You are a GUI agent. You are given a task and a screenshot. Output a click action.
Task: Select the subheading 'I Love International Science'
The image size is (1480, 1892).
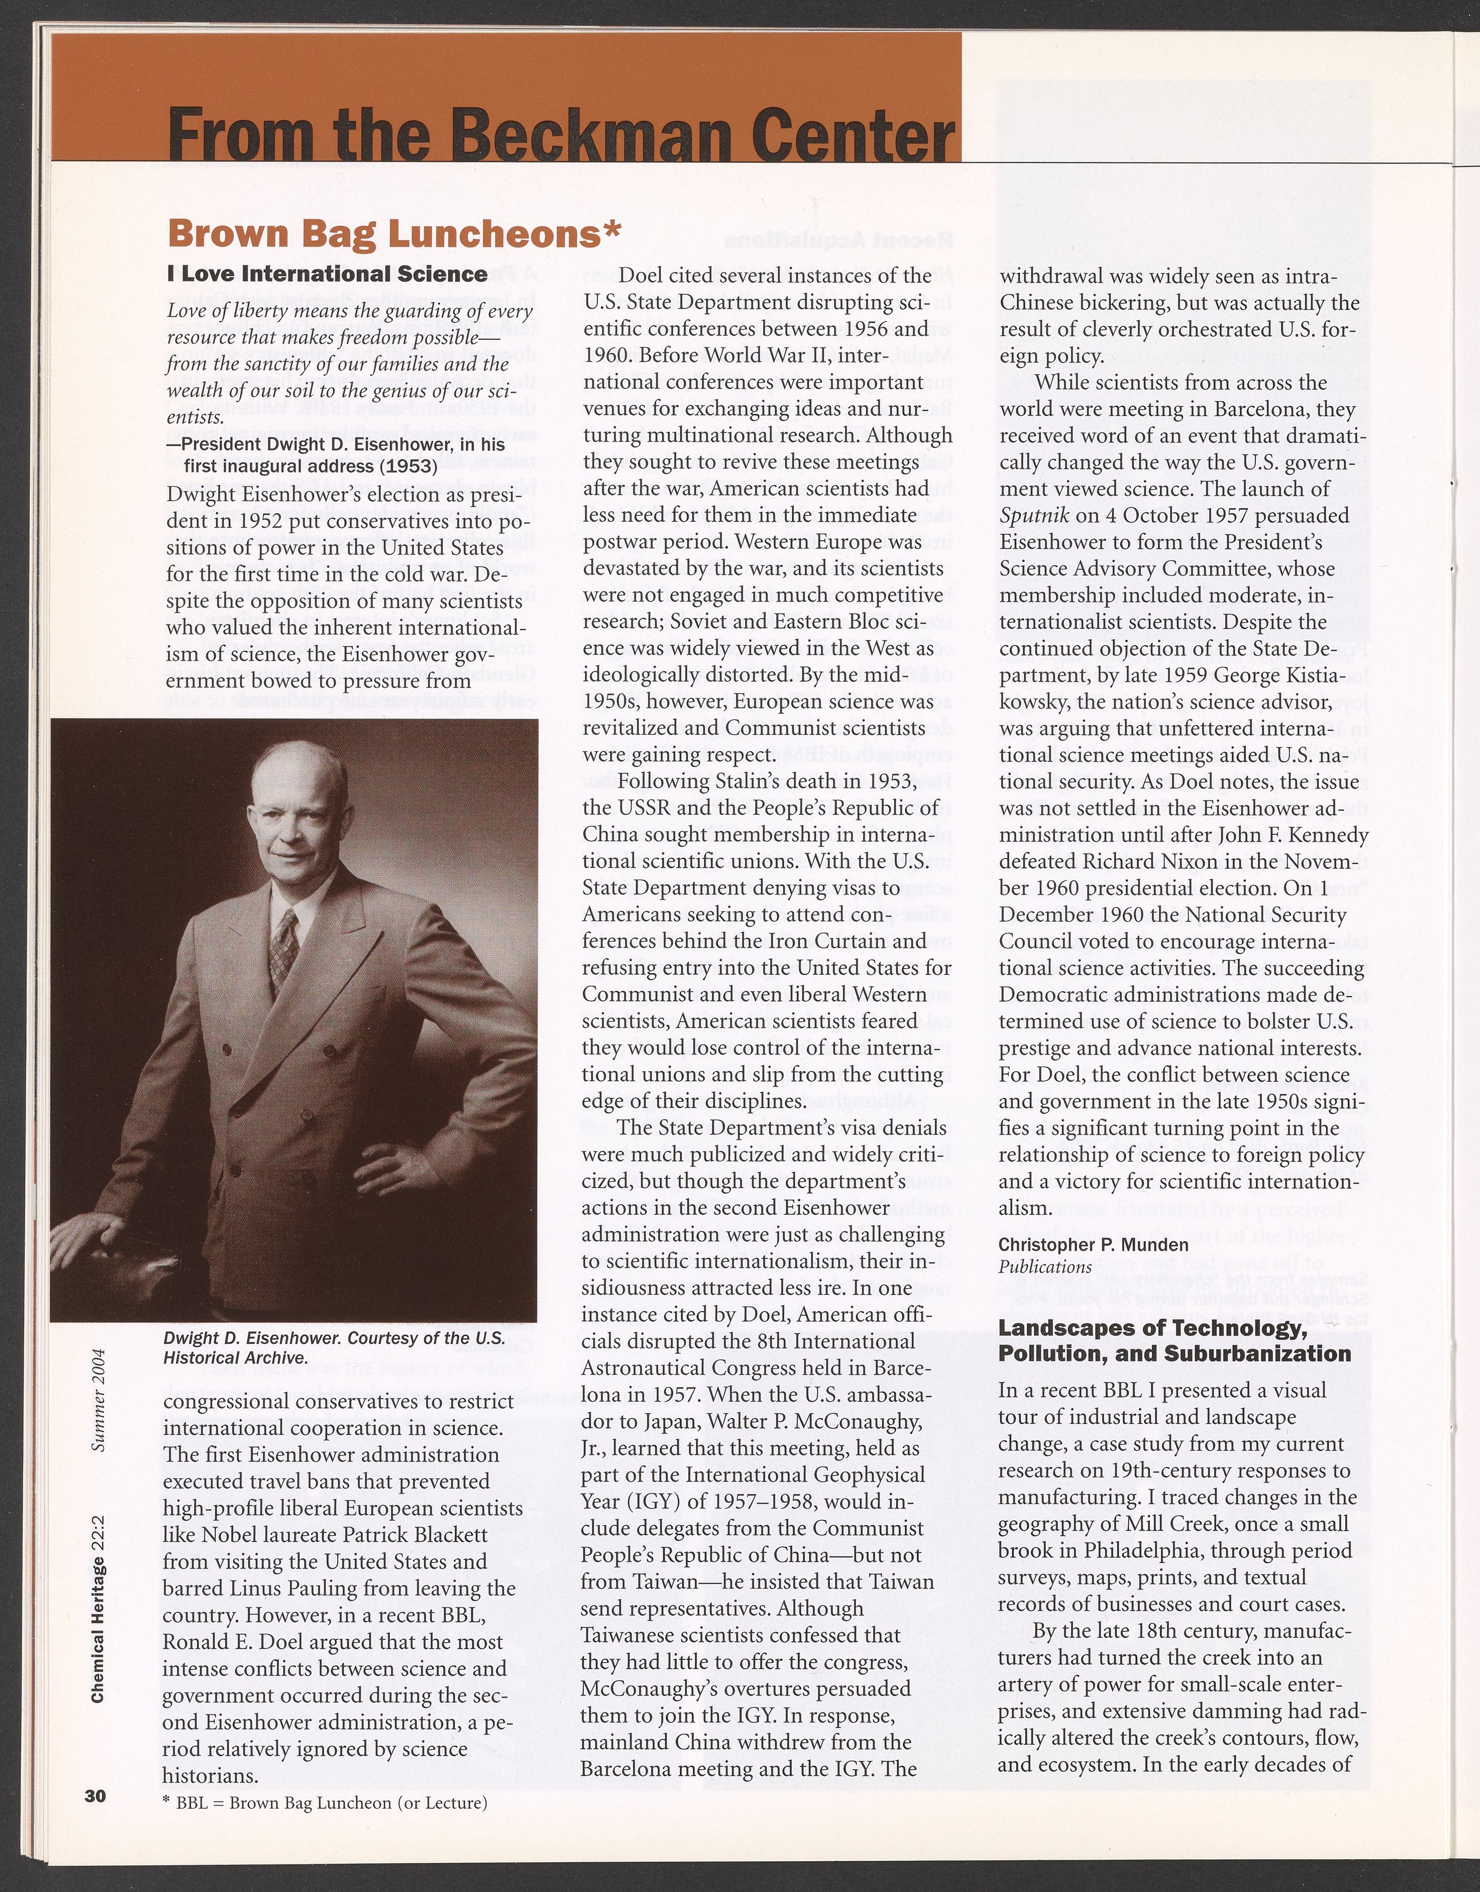[327, 275]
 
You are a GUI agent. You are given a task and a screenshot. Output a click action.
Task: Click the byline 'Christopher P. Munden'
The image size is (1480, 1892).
[1094, 1245]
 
